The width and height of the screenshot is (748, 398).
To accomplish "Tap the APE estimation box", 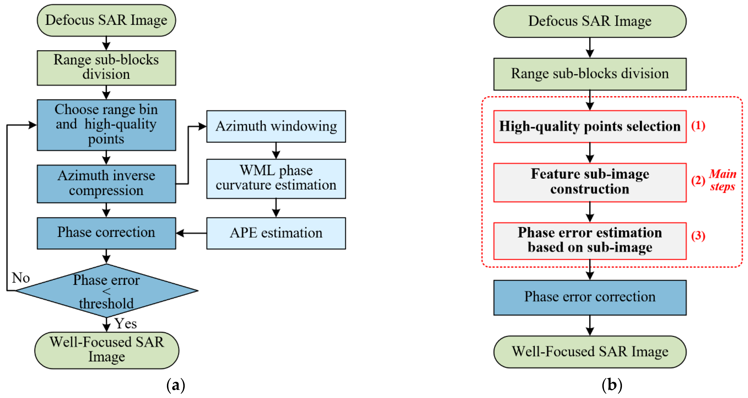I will (x=276, y=233).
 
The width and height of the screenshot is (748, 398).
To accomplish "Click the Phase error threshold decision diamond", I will (x=106, y=290).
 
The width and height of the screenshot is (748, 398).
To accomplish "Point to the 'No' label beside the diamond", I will (x=21, y=278).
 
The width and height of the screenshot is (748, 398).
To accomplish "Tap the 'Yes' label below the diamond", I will (x=125, y=323).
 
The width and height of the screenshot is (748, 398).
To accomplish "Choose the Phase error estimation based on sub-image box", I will (x=590, y=240).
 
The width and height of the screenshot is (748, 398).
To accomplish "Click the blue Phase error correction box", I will (x=590, y=297).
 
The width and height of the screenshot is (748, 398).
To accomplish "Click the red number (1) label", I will (x=698, y=126).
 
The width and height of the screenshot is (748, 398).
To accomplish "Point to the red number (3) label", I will (x=698, y=236).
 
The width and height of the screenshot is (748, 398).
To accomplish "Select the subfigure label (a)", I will (x=176, y=385).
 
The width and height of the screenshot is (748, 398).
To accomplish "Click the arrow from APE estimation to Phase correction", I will (x=191, y=233).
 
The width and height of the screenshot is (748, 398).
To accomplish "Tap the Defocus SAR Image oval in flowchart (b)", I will (x=590, y=21).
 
